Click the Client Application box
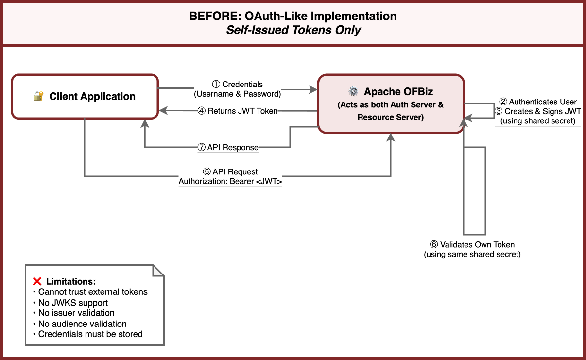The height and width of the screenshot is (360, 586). [x=85, y=96]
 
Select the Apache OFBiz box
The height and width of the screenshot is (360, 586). [x=391, y=104]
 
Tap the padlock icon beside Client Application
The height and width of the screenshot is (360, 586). [x=38, y=96]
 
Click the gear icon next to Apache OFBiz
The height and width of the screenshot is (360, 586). [x=353, y=92]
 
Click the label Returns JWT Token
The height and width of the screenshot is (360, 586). [x=238, y=111]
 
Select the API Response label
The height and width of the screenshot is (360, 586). [x=228, y=148]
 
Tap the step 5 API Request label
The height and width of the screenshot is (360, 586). [x=230, y=172]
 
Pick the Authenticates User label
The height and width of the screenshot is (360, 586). [x=538, y=102]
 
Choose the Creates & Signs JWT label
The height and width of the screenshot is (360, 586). [x=538, y=112]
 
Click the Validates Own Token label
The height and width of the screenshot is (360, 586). [x=472, y=245]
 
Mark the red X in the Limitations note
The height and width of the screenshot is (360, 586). [x=37, y=281]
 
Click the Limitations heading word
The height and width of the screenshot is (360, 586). [x=71, y=282]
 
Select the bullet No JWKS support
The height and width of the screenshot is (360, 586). [x=73, y=303]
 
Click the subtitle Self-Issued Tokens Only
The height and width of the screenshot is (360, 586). [x=293, y=30]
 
